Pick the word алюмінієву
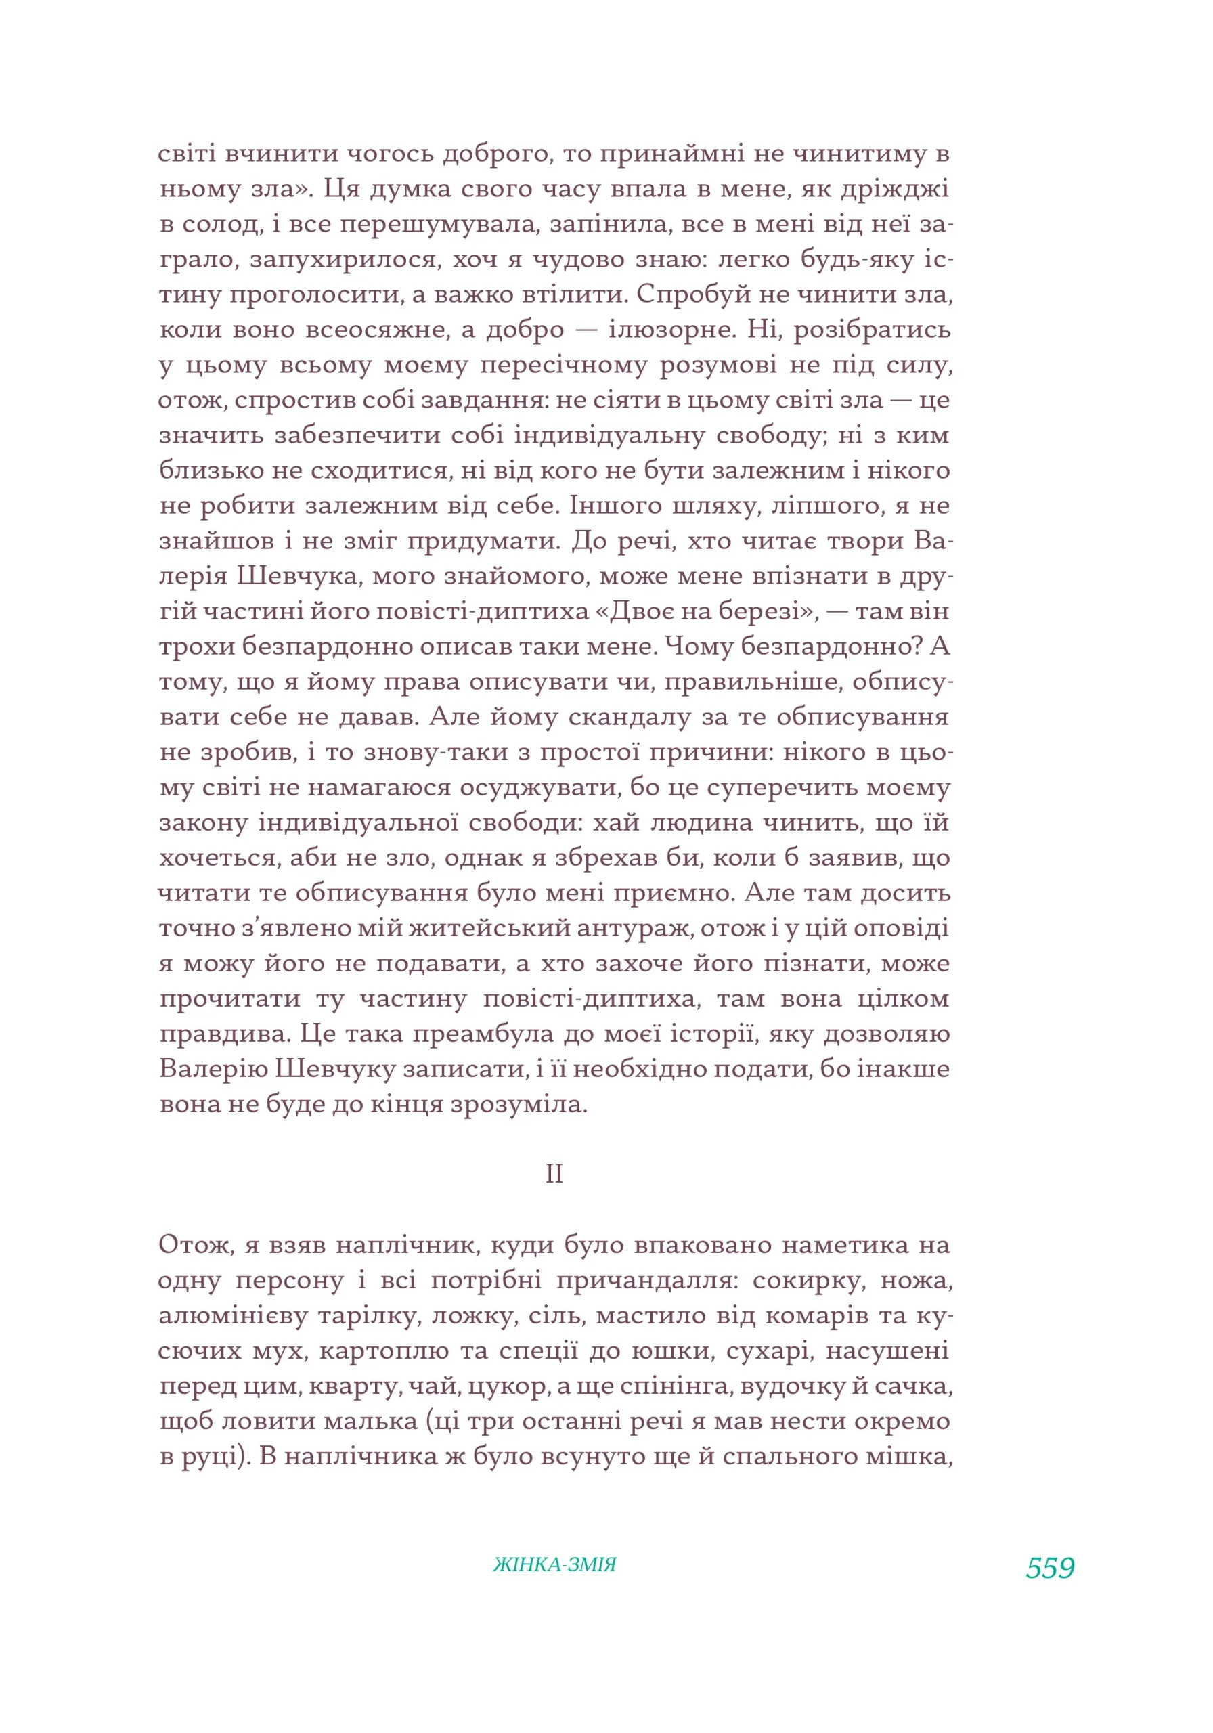[x=234, y=1315]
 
